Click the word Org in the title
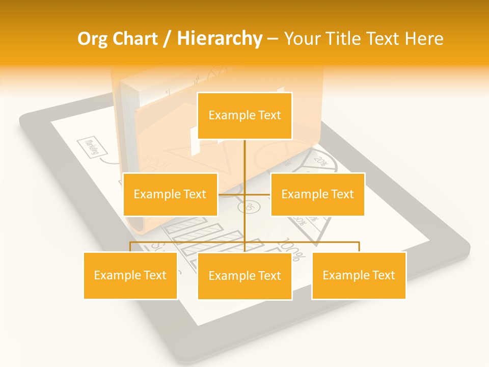93,39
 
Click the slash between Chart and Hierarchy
168,39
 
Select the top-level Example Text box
244,116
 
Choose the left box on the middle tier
170,194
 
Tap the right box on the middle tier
317,194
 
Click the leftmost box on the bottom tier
130,275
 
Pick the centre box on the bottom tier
244,276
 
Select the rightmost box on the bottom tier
359,275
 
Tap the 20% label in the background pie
320,161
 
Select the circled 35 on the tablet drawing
249,206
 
